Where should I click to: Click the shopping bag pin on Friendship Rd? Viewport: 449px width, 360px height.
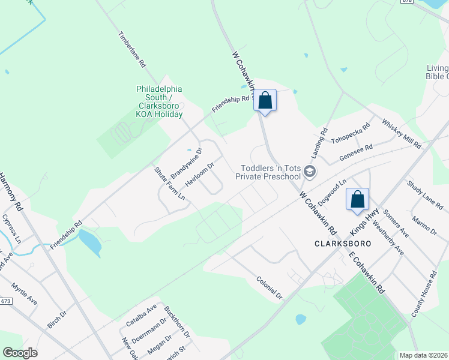tap(265, 101)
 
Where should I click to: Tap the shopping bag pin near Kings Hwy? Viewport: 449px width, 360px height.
tap(357, 199)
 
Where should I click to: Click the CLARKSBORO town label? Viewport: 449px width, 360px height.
tap(342, 244)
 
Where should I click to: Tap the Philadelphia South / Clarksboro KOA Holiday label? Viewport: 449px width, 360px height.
tap(159, 101)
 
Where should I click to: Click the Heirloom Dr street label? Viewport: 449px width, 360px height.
tap(200, 173)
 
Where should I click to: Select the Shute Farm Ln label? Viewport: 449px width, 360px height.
tap(169, 183)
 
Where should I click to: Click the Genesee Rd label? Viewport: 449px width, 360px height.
tap(356, 150)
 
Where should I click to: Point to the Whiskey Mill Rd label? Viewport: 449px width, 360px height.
tap(402, 133)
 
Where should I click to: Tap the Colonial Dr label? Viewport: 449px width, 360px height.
tap(269, 287)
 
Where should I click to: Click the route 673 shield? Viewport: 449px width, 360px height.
tap(6, 301)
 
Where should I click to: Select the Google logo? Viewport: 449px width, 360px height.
tap(20, 353)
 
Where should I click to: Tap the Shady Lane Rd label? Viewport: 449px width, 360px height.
tap(427, 196)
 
